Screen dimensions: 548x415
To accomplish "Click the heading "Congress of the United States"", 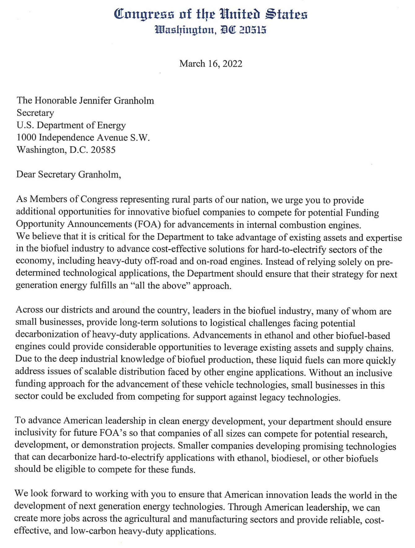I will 211,15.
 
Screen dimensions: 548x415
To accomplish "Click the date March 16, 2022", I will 211,64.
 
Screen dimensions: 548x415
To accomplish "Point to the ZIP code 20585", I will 103,150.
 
